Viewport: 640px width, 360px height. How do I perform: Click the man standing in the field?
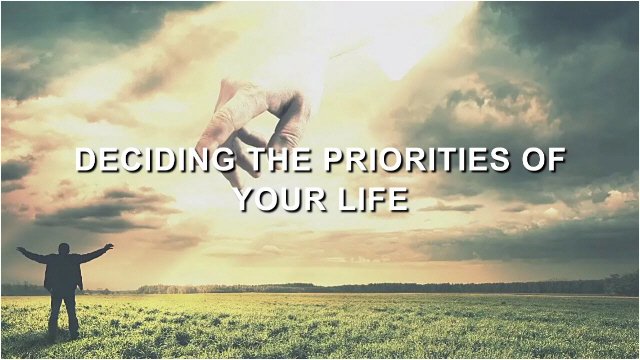tap(64, 285)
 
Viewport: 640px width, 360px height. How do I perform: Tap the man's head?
tap(64, 249)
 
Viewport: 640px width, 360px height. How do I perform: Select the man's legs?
tap(64, 312)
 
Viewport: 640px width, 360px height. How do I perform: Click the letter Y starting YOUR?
tap(243, 199)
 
